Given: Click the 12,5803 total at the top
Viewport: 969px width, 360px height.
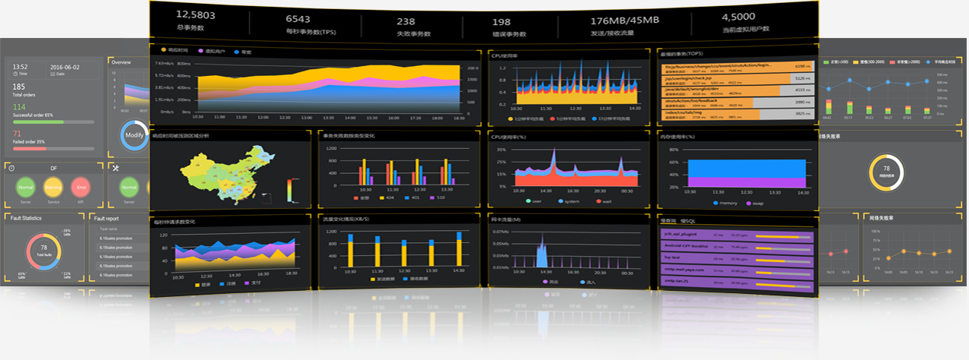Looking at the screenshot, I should tap(195, 14).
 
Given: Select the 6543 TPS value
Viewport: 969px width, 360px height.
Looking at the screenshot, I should tap(298, 18).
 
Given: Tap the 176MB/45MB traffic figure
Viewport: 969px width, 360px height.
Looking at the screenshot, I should tap(624, 20).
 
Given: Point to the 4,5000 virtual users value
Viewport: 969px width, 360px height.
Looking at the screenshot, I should tap(737, 17).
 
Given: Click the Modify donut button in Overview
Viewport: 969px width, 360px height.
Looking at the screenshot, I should tap(134, 134).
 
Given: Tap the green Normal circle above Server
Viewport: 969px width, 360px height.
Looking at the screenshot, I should tap(26, 185).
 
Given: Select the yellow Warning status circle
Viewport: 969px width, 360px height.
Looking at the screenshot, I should tap(52, 185).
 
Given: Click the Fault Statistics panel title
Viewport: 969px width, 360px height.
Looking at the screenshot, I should tap(27, 218).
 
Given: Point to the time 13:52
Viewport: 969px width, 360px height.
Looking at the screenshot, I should tap(21, 68).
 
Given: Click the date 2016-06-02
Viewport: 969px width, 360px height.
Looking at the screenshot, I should tap(65, 68).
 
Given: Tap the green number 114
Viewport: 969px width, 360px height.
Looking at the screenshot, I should tap(19, 107).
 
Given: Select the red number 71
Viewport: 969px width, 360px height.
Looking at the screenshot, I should tap(17, 134).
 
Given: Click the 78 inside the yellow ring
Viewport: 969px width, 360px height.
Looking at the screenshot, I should tap(885, 168).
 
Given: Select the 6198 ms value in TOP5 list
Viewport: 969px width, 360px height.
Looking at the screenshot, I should tap(802, 68).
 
